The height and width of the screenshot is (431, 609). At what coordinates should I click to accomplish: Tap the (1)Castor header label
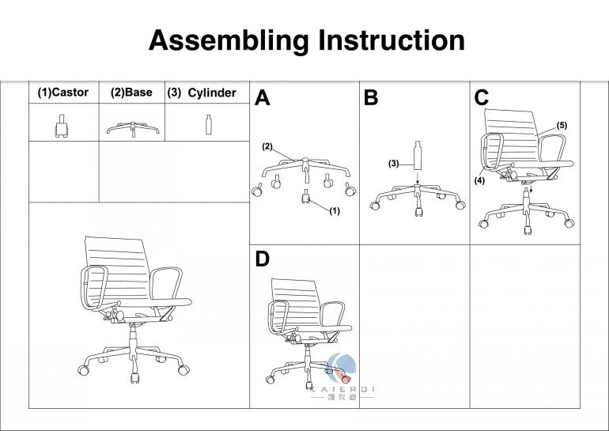point(63,93)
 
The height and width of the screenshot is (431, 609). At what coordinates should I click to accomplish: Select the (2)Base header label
point(131,93)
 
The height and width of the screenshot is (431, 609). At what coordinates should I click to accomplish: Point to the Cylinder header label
point(211,93)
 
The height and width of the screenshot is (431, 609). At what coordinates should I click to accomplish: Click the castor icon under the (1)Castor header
point(59,127)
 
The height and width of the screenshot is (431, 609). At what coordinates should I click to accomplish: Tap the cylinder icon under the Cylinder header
point(209,125)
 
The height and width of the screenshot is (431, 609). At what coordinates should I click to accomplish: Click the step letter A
point(263,99)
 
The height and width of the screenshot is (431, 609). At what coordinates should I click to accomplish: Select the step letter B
point(371,99)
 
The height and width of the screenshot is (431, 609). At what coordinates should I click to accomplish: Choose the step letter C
point(482,98)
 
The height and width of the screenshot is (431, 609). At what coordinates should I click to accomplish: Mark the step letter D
point(263,259)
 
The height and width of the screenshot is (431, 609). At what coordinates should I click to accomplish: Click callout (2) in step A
point(267,146)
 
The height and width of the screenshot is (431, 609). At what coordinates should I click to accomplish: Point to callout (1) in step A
point(334,210)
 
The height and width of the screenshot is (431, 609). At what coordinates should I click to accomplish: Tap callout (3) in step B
point(393,164)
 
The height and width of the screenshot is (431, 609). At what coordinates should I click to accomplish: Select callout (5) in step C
point(562,126)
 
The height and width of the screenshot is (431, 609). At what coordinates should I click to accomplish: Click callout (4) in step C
point(479,180)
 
